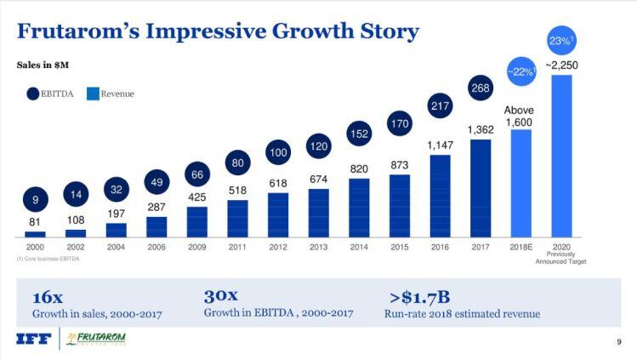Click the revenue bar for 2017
tap(481, 187)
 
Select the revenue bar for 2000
tap(35, 234)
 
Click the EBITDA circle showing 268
tap(481, 89)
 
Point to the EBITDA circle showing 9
tap(35, 201)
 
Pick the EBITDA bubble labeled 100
tap(278, 153)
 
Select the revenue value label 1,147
tap(440, 146)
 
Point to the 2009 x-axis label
tap(197, 248)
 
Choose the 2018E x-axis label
tap(520, 248)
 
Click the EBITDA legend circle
tap(33, 94)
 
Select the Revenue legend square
tap(93, 94)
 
